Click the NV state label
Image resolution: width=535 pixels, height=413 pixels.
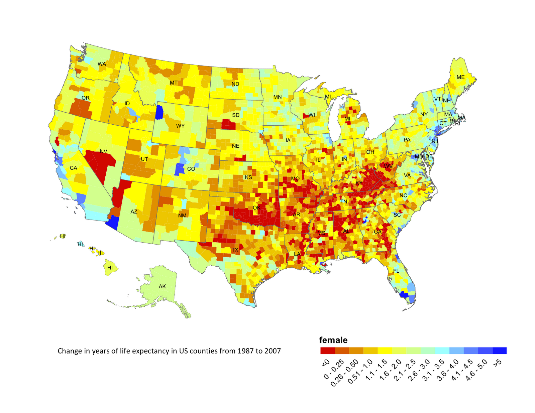tap(103, 151)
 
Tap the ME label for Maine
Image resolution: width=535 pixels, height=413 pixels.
tap(460, 77)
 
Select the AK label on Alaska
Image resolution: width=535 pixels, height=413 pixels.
tap(162, 286)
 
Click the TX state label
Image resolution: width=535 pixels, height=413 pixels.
tap(235, 250)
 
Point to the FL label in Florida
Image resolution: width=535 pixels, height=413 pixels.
tap(396, 271)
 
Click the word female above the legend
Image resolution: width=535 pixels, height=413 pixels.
tap(333, 340)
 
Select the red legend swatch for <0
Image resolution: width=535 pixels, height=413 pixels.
tap(327, 351)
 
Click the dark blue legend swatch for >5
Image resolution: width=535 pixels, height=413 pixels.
tap(500, 351)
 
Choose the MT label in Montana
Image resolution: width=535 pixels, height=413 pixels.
tap(174, 83)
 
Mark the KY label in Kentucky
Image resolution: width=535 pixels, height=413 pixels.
tap(359, 183)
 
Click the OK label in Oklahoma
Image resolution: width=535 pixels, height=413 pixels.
tap(256, 208)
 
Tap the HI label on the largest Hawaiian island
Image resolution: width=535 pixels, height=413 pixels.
tap(110, 268)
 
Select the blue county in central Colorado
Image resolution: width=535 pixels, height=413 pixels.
tap(180, 169)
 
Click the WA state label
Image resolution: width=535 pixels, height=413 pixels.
tap(102, 64)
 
